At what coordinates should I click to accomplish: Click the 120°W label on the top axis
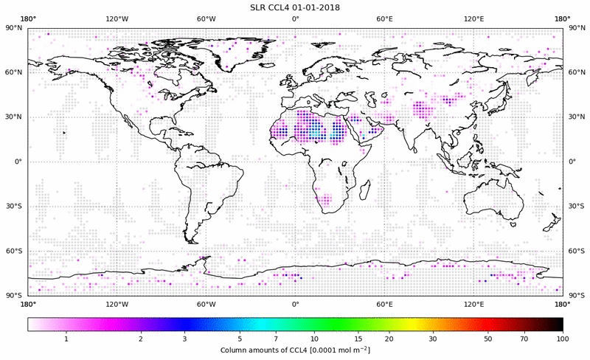click(117, 19)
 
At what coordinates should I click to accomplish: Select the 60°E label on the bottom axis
click(384, 304)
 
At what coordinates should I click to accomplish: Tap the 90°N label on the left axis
click(13, 28)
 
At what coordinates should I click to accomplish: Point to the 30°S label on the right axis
click(577, 207)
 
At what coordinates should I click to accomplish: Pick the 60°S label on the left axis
click(13, 252)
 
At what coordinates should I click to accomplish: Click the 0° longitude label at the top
click(295, 19)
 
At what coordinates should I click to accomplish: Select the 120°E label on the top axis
click(473, 19)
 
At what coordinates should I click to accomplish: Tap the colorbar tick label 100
click(563, 339)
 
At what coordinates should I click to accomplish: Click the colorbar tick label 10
click(315, 339)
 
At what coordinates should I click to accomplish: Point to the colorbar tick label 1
click(66, 339)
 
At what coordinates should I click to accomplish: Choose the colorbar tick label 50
click(488, 339)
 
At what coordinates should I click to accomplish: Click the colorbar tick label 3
click(184, 339)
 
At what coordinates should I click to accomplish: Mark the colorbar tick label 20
click(389, 339)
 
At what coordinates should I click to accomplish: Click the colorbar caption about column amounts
click(295, 349)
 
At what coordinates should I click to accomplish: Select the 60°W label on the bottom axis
click(206, 304)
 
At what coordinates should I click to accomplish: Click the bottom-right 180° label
click(562, 304)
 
